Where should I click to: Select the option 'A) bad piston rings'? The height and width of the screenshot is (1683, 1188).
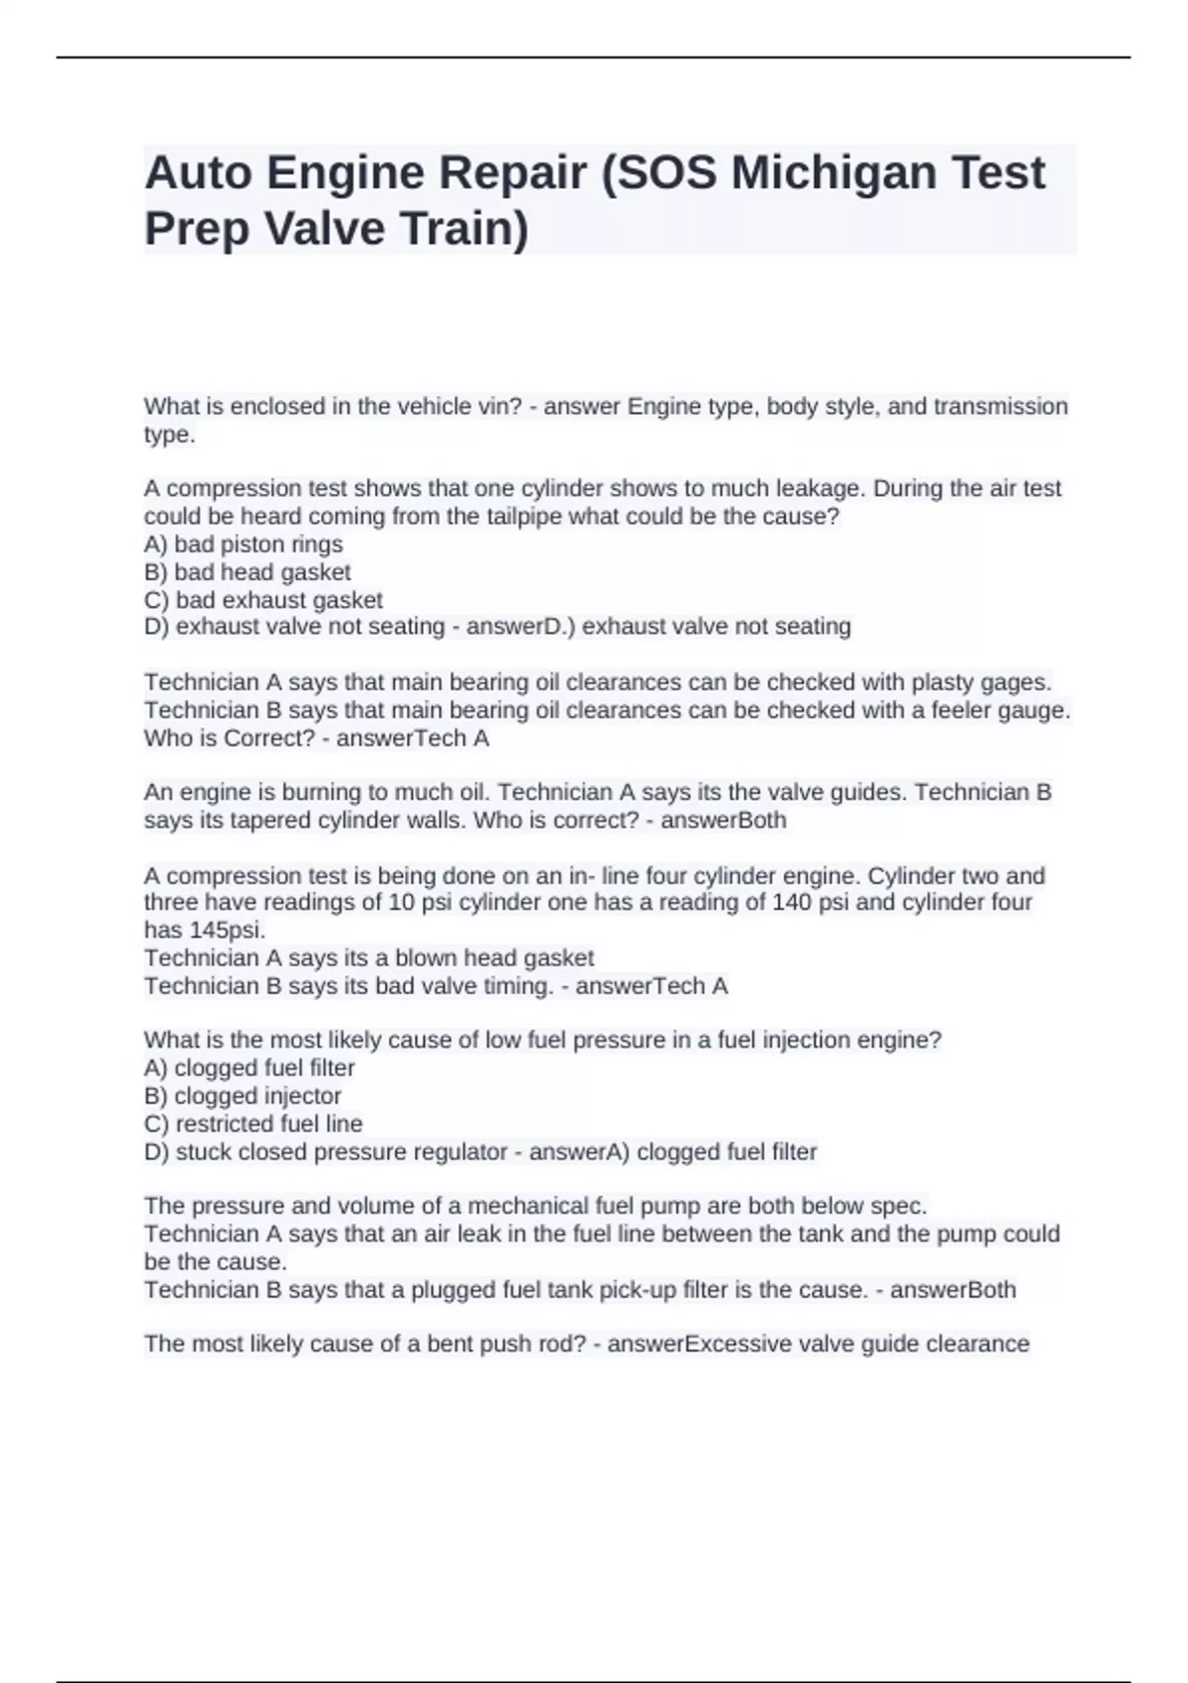pos(244,544)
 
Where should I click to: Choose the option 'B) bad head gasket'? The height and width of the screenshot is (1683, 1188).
pos(247,572)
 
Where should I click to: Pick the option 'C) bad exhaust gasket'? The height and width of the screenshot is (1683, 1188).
pos(263,600)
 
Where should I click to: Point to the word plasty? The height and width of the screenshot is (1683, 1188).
pos(941,683)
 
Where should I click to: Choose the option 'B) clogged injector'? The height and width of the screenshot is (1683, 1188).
pos(243,1096)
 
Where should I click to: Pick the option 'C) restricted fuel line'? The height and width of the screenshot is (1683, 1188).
pos(253,1124)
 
